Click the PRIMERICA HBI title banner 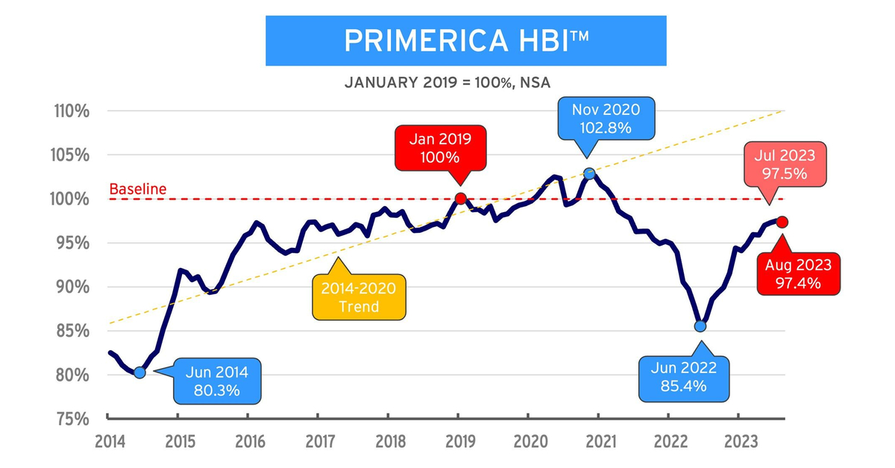pos(466,41)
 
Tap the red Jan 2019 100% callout pos(446,148)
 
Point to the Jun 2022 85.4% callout pos(682,376)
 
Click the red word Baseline pos(137,190)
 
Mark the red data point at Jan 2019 pos(460,199)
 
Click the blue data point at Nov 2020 pos(589,173)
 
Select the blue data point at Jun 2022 pos(700,325)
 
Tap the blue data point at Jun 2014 pos(139,372)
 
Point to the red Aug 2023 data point pos(782,222)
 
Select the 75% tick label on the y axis pos(72,418)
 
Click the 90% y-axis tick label pos(72,287)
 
